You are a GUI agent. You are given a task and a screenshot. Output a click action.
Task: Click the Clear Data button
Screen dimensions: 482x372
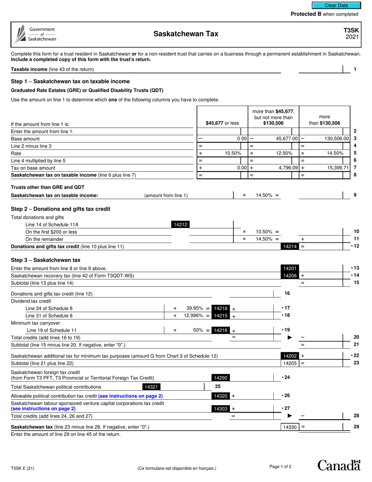[336, 5]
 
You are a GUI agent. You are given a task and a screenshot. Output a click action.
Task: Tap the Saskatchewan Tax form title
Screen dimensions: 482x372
[186, 34]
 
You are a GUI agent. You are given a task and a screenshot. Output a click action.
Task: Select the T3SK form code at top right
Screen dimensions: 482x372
[351, 30]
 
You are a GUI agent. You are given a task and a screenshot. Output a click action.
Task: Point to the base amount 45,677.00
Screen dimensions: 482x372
[287, 139]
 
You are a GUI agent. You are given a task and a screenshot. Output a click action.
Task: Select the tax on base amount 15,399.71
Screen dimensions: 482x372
[336, 168]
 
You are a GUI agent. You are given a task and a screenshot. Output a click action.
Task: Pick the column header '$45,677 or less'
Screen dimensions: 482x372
[222, 123]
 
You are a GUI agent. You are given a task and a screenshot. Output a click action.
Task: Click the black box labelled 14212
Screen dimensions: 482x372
[181, 225]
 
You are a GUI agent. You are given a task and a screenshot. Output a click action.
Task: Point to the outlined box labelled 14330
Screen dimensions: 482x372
[289, 427]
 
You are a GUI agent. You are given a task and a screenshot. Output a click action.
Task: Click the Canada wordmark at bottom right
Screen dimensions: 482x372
[339, 465]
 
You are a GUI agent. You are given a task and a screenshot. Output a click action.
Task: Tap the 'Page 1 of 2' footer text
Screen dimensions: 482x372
[280, 466]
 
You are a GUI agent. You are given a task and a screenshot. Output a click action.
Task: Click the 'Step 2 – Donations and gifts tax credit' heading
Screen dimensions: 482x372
[61, 209]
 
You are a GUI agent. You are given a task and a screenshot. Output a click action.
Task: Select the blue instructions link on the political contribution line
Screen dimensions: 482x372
[130, 396]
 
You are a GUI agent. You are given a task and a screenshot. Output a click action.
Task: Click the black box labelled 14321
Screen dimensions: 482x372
[151, 387]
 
